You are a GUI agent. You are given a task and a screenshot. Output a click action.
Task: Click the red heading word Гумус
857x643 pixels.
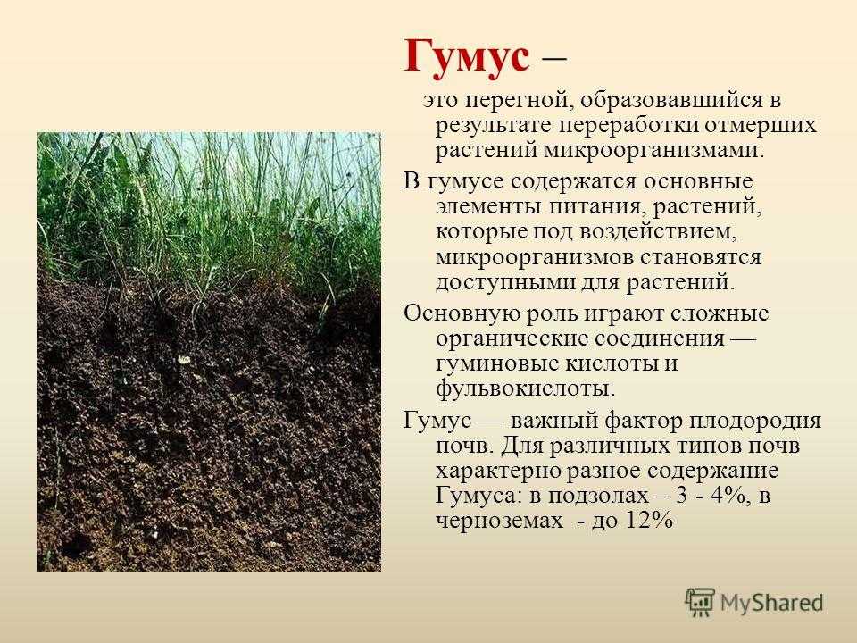coord(467,57)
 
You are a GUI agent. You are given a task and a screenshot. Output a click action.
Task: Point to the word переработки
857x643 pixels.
coord(628,126)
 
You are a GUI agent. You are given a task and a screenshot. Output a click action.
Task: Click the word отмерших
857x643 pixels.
coord(761,126)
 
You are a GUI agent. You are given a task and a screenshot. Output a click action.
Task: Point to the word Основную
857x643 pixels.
coord(462,313)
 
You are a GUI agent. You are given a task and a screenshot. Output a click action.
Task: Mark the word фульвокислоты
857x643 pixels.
coord(525,388)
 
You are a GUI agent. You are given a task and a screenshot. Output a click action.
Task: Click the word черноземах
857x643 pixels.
coord(499,521)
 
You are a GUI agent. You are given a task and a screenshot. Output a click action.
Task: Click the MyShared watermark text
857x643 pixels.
coord(771,603)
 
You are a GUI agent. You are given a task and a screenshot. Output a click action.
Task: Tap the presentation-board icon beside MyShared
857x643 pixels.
coord(700,601)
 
